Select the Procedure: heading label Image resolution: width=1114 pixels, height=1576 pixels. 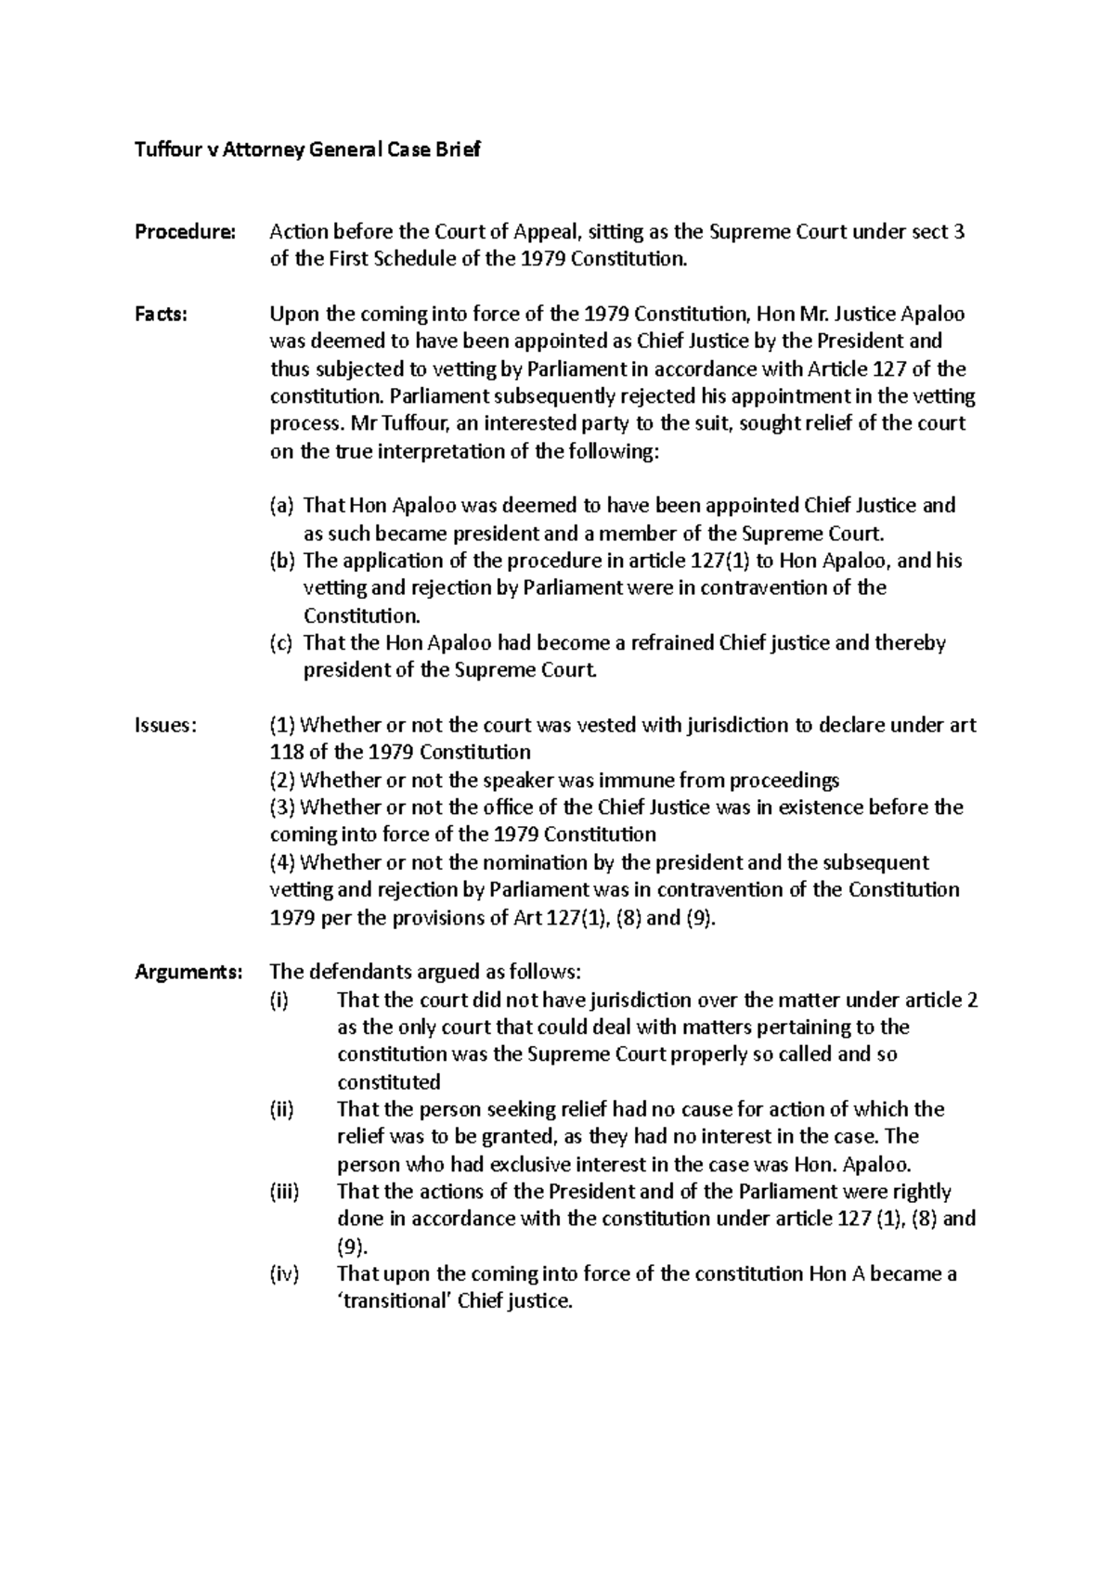(185, 232)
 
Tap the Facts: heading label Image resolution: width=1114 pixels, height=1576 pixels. (162, 315)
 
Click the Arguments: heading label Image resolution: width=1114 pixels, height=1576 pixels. (188, 972)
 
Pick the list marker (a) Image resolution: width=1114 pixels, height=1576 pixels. (281, 506)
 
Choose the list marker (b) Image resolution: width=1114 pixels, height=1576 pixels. (281, 561)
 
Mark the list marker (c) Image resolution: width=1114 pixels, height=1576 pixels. (280, 643)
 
